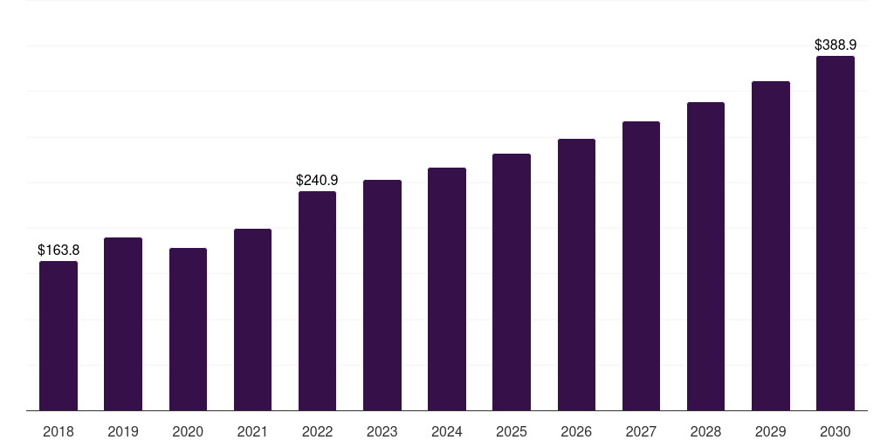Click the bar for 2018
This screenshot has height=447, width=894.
[58, 336]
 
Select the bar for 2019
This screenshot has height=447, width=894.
[123, 324]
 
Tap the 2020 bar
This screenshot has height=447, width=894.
[188, 329]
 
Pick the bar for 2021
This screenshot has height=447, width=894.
[252, 320]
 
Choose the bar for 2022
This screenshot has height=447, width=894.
[317, 300]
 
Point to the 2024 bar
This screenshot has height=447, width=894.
[447, 289]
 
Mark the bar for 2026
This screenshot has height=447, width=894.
[576, 274]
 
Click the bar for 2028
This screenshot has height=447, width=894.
[705, 256]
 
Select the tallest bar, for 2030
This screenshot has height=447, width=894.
[836, 233]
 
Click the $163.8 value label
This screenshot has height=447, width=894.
[58, 251]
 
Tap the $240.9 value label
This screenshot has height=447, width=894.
[317, 180]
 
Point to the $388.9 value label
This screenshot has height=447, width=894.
[836, 45]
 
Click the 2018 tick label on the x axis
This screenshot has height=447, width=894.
[58, 432]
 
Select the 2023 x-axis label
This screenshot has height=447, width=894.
[382, 432]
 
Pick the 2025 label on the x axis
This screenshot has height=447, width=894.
[512, 432]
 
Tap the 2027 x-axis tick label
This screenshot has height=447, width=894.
[641, 432]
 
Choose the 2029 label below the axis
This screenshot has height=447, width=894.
[771, 432]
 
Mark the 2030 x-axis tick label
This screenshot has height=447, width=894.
[836, 432]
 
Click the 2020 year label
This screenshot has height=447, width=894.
[188, 432]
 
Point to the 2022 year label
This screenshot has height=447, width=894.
[317, 432]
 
